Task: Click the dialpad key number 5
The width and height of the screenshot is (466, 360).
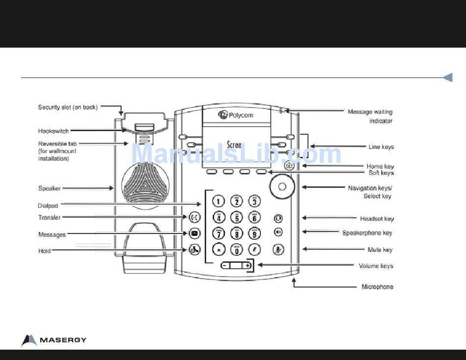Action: coord(236,217)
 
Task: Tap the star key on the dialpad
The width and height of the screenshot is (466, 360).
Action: coord(219,249)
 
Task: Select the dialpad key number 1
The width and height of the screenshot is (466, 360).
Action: coord(219,201)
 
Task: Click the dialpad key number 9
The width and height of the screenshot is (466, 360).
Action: coord(254,233)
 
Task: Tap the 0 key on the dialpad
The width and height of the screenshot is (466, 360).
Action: coord(236,250)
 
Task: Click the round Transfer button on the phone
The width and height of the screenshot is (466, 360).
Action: coord(194,217)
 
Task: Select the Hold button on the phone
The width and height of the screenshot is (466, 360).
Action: coord(194,249)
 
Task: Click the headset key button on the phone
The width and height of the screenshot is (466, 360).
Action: coord(278,218)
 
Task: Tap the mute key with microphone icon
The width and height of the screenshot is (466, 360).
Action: coord(278,249)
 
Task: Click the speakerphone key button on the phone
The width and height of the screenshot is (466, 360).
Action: coord(278,232)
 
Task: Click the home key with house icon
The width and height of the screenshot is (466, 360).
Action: coord(288,166)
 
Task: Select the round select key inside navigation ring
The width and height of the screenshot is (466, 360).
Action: coord(282,187)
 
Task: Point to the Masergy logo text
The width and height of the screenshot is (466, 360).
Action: coord(62,340)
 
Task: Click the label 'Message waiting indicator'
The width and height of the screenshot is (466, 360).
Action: coord(370,116)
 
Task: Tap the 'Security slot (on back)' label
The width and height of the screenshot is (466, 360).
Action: coord(68,107)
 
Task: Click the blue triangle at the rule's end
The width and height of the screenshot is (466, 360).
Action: coord(447,77)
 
